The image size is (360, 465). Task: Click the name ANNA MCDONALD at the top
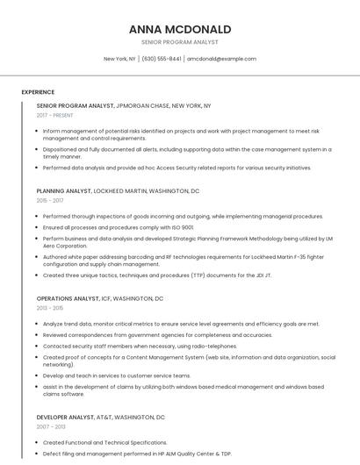coord(180,29)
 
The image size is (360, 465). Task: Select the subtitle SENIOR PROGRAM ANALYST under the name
coord(180,42)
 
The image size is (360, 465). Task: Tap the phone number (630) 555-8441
coord(162,59)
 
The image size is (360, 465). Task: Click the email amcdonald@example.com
coord(221,59)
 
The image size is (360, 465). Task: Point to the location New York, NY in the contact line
coord(119,59)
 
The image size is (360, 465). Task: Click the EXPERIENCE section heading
coord(38,92)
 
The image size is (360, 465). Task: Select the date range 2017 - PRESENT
coord(55,115)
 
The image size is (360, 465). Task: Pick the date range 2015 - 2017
coord(50,201)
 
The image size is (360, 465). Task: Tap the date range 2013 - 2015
coord(50,308)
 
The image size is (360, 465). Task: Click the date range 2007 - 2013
coord(50,426)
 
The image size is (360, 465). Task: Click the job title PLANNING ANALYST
coord(64,190)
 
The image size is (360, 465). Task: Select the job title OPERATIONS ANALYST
coord(68,298)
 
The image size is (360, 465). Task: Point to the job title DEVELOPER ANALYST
coord(67,417)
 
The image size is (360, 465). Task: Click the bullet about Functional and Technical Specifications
coord(104,443)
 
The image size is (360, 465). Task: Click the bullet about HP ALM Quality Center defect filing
coord(137,454)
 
